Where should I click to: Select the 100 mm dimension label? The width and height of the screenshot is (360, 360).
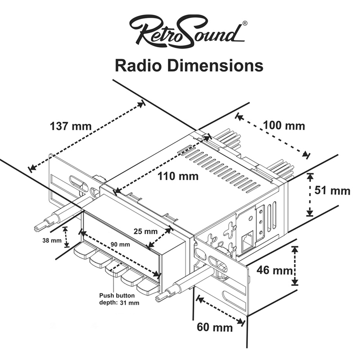point(283,126)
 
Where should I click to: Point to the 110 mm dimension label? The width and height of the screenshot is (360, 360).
point(178,176)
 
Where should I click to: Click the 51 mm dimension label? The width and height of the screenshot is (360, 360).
point(332,190)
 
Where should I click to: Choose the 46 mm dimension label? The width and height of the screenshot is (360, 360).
point(275,270)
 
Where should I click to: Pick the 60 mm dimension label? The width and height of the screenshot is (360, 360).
point(215,327)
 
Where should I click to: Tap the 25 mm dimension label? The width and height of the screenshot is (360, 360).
point(145,232)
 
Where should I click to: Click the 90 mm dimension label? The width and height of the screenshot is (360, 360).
point(121,244)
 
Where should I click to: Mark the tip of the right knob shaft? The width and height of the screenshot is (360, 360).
point(159,298)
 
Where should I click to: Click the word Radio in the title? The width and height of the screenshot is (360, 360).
point(139,65)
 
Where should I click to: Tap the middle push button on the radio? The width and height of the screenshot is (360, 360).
point(115,270)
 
